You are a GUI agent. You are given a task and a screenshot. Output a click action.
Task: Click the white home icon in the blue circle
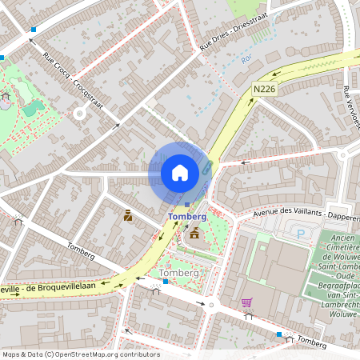(x=180, y=172)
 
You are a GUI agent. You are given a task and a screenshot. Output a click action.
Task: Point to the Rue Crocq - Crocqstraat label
(x=69, y=73)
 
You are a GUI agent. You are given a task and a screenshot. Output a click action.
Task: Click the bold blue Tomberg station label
(x=187, y=217)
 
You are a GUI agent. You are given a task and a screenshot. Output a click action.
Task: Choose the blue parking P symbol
(x=301, y=234)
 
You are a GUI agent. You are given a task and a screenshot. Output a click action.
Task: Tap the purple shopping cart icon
(x=246, y=302)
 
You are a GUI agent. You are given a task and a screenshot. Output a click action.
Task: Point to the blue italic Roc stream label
(x=248, y=59)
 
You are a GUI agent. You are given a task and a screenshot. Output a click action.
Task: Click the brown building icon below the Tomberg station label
(x=194, y=233)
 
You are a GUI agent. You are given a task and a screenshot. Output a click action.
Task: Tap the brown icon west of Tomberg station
(x=127, y=215)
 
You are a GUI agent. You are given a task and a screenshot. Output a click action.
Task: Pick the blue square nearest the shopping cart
(x=278, y=334)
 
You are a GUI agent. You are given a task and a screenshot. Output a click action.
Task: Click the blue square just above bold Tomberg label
(x=187, y=205)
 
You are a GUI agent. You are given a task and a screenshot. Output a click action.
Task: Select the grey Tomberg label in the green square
(x=179, y=273)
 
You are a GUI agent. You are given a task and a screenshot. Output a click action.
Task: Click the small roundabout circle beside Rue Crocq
(x=79, y=114)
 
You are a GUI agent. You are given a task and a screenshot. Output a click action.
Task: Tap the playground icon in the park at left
(x=6, y=96)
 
